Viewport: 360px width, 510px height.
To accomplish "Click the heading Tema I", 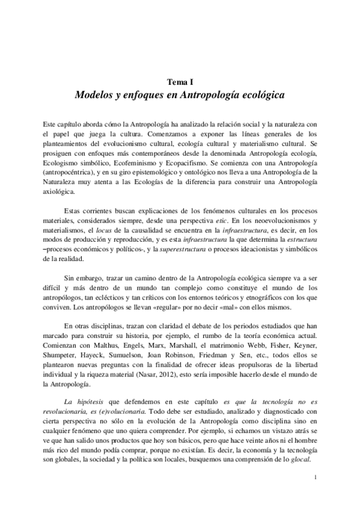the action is click(x=180, y=83).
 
